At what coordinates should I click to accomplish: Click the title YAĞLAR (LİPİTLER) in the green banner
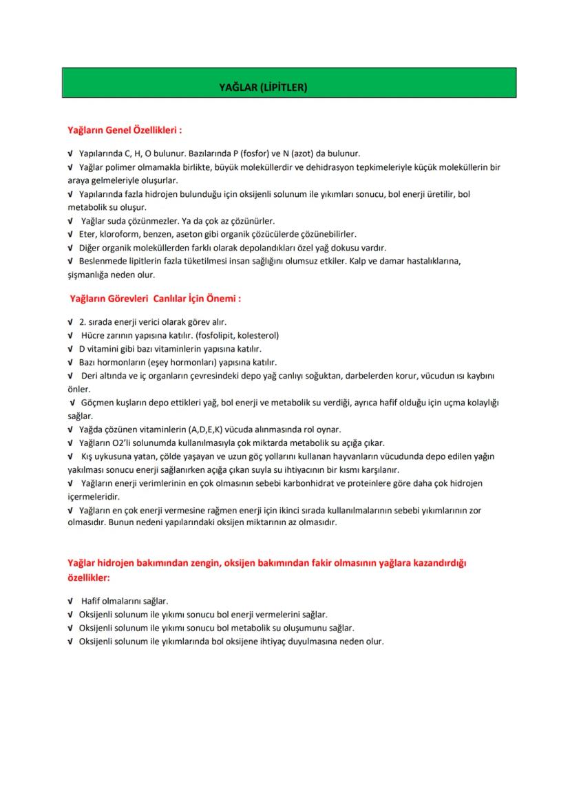[x=262, y=88]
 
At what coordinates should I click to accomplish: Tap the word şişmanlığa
[x=89, y=275]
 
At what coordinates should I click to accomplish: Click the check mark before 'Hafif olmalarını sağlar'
[x=70, y=601]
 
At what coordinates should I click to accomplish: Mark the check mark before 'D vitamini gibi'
[x=70, y=349]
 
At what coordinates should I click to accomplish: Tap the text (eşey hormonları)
[x=202, y=362]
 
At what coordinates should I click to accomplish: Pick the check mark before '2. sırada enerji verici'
[x=70, y=321]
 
